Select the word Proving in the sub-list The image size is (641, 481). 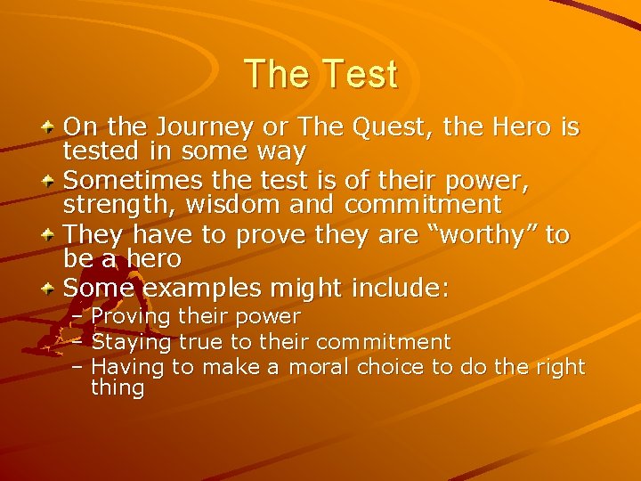[131, 317]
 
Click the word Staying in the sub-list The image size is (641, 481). [132, 342]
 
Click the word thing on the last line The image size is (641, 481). [118, 387]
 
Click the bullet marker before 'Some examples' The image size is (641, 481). [52, 289]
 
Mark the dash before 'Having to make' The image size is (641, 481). [77, 366]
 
